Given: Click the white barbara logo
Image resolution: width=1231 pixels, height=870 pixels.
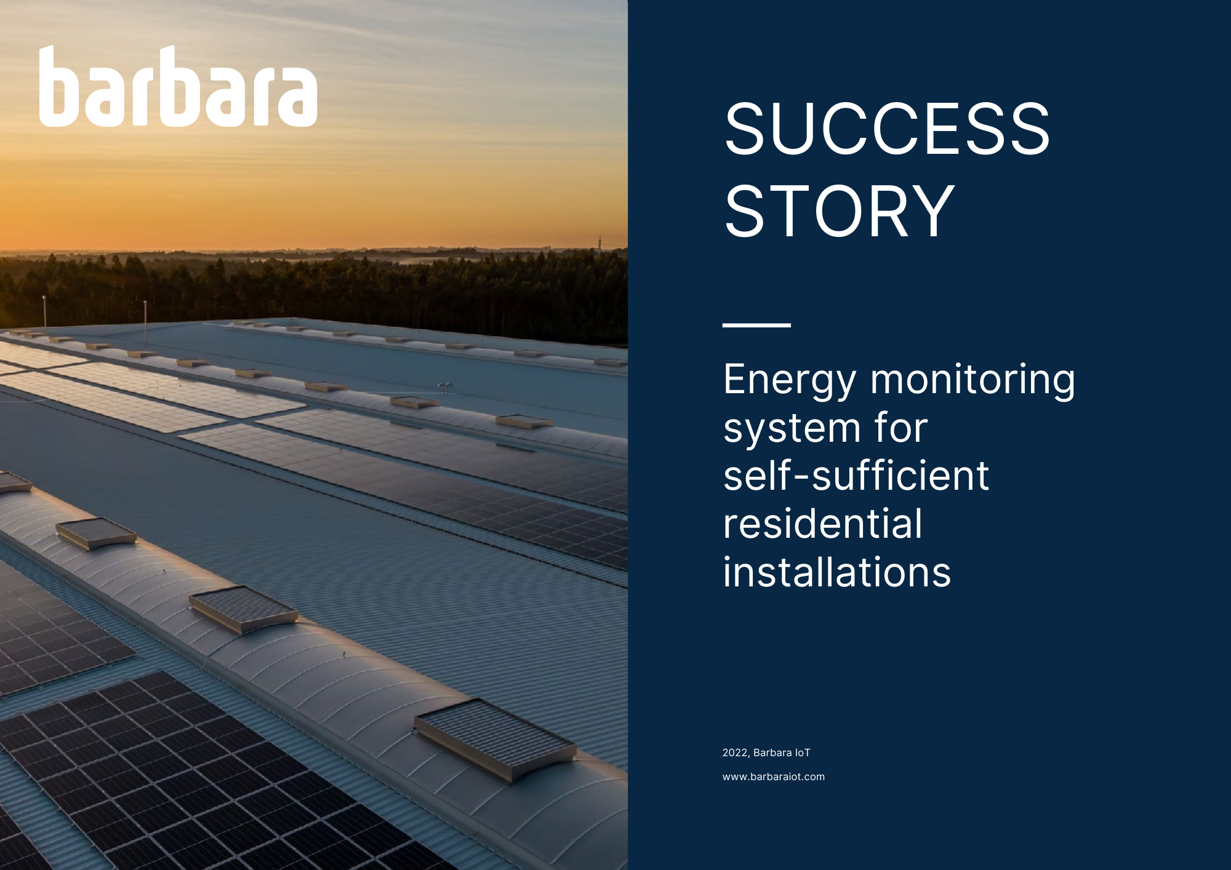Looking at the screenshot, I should point(178,87).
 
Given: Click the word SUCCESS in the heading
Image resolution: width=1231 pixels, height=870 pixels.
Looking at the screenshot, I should point(887,129).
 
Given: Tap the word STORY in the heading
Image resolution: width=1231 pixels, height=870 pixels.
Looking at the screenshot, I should point(839,212).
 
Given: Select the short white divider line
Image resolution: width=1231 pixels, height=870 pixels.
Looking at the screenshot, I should point(756,325).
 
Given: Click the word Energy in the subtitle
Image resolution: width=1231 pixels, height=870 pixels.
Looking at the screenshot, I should point(790,381).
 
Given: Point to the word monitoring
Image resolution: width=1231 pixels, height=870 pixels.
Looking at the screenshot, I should point(972,381).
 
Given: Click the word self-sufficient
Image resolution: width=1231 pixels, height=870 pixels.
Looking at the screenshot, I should point(856,476).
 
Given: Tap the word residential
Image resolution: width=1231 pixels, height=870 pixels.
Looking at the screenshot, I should point(823,524).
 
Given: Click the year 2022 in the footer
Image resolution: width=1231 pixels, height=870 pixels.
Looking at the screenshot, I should point(735,753).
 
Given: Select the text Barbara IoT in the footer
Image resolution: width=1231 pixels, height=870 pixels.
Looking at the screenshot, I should point(782,753).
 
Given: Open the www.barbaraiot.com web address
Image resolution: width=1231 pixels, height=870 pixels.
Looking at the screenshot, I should point(774,777).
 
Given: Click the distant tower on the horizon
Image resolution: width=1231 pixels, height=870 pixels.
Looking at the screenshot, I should point(599,241).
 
